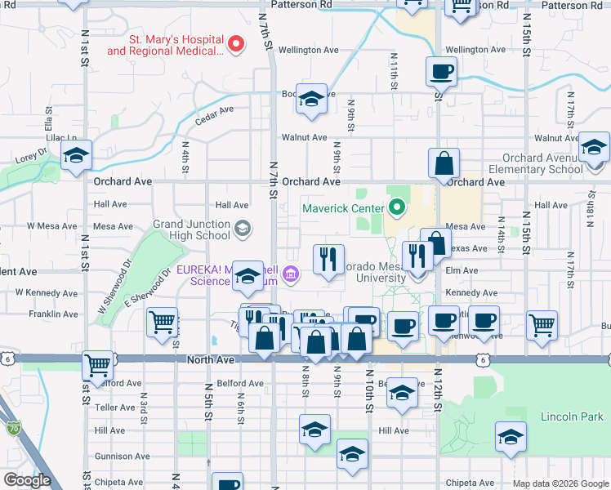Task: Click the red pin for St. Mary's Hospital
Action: tap(236, 43)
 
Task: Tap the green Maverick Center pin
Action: tap(397, 207)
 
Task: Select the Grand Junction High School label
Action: tap(191, 229)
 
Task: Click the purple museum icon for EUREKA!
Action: tap(292, 279)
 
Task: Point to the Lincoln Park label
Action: tap(570, 416)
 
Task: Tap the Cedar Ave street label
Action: tap(215, 116)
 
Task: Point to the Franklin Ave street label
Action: tap(53, 314)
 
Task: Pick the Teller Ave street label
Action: tap(114, 407)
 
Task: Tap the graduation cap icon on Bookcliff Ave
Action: tap(311, 99)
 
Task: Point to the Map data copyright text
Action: tap(560, 483)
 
